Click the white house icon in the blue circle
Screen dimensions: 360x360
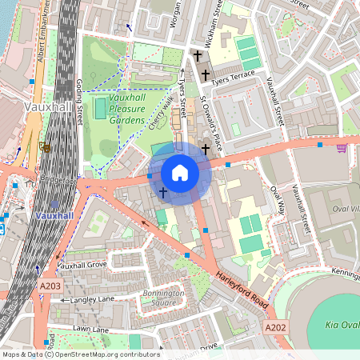click(x=180, y=172)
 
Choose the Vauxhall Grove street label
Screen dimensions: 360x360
click(x=82, y=265)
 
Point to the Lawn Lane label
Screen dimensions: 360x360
click(x=90, y=329)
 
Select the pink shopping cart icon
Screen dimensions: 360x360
click(x=342, y=146)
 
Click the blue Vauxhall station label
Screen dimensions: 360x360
click(x=54, y=215)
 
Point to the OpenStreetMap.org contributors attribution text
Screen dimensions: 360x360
click(x=104, y=354)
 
